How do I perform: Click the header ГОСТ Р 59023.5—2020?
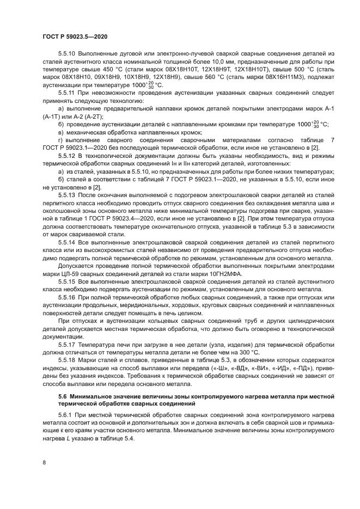point(75,36)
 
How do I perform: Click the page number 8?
point(44,462)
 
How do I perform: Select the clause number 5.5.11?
point(68,94)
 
